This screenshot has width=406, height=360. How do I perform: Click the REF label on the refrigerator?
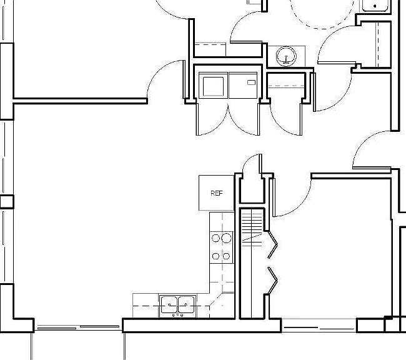217,193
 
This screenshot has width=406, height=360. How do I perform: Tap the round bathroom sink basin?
286,56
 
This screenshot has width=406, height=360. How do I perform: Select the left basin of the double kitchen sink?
169,305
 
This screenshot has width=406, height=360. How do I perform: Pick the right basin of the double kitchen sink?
186,305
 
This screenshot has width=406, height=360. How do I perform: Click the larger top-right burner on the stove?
226,238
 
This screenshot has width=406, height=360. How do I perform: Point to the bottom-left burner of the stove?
215,256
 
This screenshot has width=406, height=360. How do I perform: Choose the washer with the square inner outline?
213,86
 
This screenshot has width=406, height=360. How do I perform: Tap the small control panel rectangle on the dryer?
251,82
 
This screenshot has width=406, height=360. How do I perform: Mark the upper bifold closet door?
272,244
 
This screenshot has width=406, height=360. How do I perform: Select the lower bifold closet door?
272,281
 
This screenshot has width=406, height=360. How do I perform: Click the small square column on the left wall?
7,202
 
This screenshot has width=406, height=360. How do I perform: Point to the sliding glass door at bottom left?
78,327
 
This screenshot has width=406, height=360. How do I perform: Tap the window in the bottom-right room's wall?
319,328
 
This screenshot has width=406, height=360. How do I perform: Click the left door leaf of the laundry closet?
197,119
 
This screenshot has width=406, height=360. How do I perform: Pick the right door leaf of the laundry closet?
259,119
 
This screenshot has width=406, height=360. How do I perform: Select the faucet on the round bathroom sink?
286,60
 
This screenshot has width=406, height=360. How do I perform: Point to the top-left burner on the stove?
215,238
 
